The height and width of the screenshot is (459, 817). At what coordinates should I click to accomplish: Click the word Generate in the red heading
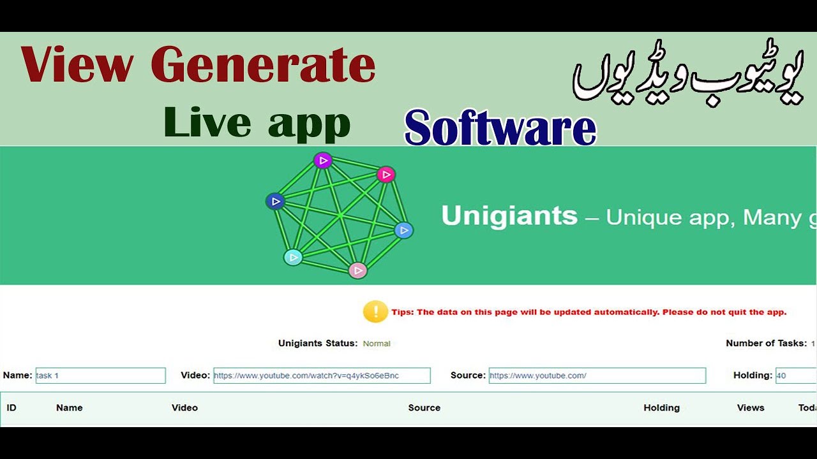point(263,66)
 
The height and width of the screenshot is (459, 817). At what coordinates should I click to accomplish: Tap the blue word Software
point(500,128)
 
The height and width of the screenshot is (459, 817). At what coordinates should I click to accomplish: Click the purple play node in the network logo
point(323,161)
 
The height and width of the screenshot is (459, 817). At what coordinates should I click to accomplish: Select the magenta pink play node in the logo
point(386,174)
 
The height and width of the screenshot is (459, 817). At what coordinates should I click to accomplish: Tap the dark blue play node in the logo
point(275,201)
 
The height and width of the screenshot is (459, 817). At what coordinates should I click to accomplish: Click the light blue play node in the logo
point(403,230)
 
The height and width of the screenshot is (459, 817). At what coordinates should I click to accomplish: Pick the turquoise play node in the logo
point(293,257)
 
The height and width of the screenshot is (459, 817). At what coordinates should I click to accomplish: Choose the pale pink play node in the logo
point(358,270)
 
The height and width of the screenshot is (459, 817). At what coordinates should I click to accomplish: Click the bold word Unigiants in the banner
point(509,216)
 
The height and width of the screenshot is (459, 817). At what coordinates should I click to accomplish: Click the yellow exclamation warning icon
point(376,312)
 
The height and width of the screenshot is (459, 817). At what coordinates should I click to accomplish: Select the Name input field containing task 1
point(100,375)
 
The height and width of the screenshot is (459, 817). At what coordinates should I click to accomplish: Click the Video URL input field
point(322,375)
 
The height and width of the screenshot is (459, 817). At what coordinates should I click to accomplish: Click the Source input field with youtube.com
point(597,375)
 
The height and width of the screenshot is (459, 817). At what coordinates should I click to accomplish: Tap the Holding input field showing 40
point(795,375)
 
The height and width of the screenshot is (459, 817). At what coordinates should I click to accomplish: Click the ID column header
point(11,408)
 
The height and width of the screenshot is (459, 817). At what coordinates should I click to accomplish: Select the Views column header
point(751,408)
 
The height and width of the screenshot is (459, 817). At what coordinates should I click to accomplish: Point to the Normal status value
point(377,344)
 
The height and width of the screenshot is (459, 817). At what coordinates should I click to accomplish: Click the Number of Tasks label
point(766,343)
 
